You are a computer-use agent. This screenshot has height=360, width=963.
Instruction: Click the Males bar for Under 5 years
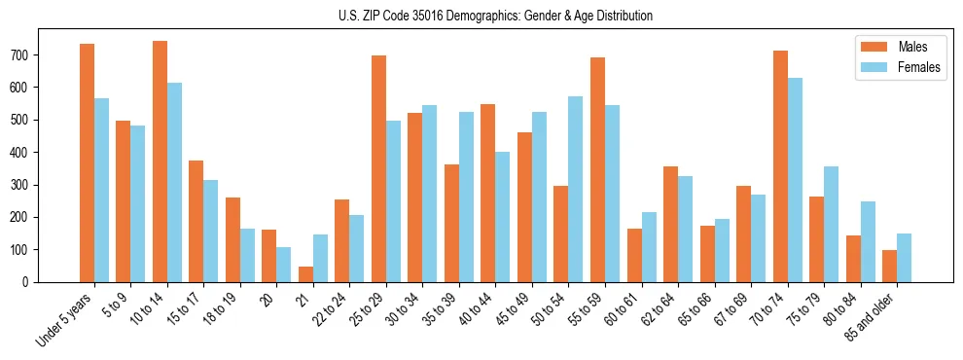coord(88,162)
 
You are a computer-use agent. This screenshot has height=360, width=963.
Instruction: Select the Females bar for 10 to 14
coord(174,182)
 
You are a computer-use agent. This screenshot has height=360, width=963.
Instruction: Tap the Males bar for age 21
coord(306,274)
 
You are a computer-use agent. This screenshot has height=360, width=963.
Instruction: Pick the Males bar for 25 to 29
coord(379,168)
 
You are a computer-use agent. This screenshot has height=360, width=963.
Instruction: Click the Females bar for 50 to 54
coord(576,189)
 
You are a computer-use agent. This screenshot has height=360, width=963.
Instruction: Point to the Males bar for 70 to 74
coord(780,166)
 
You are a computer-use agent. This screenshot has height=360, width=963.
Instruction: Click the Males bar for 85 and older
coord(890,266)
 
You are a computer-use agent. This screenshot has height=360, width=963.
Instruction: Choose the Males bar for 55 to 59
coord(598,169)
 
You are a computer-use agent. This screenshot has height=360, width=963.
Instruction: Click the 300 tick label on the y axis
coord(26,185)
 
